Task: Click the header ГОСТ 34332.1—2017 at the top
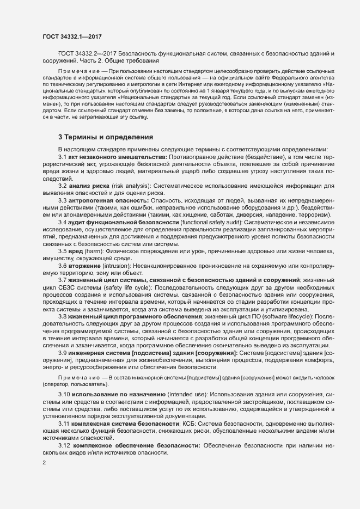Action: pos(72,36)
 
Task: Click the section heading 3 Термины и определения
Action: pos(106,137)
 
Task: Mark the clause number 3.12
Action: pos(64,445)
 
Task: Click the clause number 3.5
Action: pos(63,251)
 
